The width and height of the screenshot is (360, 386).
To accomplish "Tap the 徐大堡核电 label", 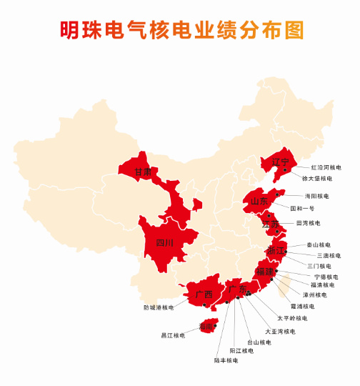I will (x=317, y=178).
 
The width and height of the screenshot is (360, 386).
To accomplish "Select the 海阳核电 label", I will (x=316, y=196).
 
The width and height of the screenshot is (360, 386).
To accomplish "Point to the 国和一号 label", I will (x=301, y=208).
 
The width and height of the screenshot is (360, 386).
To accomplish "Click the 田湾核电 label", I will (x=308, y=223).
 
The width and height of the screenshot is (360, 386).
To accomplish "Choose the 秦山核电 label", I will (x=319, y=244).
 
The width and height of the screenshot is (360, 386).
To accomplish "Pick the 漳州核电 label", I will (x=314, y=295).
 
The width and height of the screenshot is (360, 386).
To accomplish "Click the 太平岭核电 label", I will (x=292, y=318).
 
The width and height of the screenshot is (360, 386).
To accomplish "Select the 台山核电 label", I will (x=259, y=342).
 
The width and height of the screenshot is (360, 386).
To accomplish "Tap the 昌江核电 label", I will (x=173, y=335).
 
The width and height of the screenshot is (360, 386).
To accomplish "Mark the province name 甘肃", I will (x=143, y=172).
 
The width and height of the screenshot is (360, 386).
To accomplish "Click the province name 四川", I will (x=164, y=243).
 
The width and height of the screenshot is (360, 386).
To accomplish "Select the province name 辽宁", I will (x=279, y=162).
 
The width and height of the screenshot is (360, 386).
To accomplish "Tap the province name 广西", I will (x=204, y=294).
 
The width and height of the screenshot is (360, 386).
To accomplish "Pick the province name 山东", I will (x=259, y=201).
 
